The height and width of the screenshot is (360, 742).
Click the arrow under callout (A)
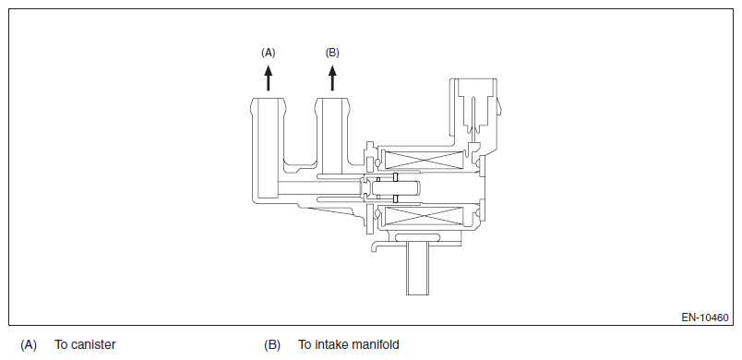(269, 78)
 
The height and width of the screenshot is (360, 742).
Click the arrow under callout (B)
(332, 78)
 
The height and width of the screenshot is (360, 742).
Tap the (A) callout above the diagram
(269, 53)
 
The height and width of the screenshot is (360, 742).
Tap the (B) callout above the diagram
(332, 53)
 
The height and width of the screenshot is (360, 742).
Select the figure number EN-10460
(704, 318)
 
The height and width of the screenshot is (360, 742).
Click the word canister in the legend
(92, 345)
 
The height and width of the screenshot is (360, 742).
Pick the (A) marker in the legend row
(29, 345)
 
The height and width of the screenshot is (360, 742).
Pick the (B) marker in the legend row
(272, 345)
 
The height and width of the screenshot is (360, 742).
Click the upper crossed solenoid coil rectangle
(425, 160)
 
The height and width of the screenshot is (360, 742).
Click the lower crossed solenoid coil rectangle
(425, 216)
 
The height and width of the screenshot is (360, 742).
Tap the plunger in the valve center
(395, 188)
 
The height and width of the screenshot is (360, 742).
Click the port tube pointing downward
(417, 268)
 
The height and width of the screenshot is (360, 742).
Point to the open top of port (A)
(269, 99)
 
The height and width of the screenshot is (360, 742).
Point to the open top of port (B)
(332, 99)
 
